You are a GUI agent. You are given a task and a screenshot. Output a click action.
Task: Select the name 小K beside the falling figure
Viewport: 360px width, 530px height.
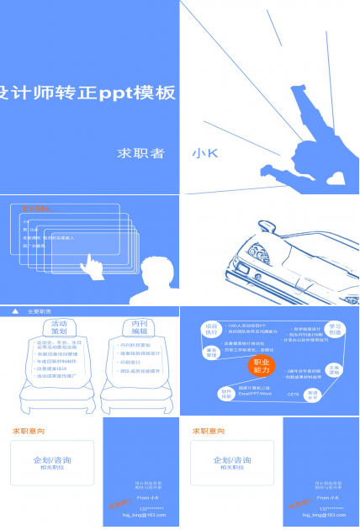click(x=204, y=153)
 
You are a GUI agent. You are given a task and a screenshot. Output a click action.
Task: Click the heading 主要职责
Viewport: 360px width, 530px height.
click(x=40, y=310)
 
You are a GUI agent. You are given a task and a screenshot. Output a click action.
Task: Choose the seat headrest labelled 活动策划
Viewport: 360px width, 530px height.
click(x=58, y=327)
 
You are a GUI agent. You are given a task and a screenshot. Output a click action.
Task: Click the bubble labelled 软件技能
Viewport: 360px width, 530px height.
click(x=226, y=392)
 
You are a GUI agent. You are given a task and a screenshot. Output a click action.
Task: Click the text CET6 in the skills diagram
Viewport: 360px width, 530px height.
click(x=292, y=393)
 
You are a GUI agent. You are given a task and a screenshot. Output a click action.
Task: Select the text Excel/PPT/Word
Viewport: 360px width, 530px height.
click(x=254, y=393)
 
